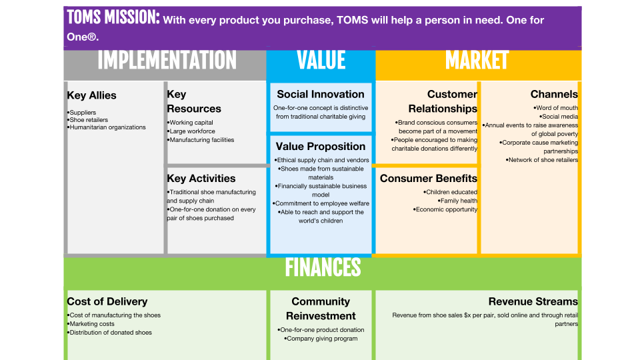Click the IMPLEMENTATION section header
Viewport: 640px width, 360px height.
click(x=167, y=61)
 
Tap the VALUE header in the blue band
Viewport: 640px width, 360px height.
click(x=321, y=61)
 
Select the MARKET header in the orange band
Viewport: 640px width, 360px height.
click(x=477, y=61)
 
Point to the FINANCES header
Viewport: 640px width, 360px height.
click(x=323, y=268)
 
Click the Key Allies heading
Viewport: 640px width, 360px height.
click(x=92, y=95)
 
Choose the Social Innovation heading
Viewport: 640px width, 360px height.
click(x=321, y=94)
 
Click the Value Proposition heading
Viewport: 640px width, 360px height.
click(x=321, y=147)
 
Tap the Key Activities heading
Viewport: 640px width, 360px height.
click(x=201, y=179)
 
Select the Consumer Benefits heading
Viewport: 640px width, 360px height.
click(x=429, y=179)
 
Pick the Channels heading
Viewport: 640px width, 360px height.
click(x=554, y=94)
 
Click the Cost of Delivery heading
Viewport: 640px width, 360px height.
click(x=107, y=301)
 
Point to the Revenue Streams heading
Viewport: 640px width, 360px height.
click(x=533, y=301)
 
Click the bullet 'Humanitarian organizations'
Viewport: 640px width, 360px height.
click(x=107, y=127)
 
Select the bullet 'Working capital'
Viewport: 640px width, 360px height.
click(x=190, y=123)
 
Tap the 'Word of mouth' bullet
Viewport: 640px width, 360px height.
click(x=556, y=108)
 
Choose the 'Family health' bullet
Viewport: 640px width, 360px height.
click(x=457, y=201)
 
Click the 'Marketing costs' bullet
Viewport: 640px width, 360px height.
click(x=91, y=324)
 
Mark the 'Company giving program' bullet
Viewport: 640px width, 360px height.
click(x=321, y=339)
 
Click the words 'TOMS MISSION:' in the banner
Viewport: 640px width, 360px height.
click(x=113, y=17)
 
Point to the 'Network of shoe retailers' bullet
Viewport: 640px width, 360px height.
click(x=542, y=160)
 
